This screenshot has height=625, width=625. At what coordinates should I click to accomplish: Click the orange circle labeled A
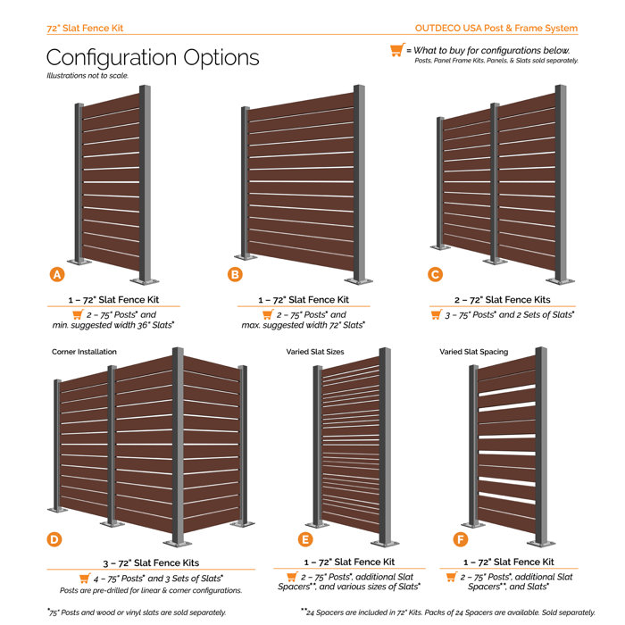56,275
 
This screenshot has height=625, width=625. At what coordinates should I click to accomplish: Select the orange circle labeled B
235,275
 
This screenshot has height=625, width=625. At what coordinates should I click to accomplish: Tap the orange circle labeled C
435,275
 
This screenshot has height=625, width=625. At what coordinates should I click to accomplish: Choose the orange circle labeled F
459,538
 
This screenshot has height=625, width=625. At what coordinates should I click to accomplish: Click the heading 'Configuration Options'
153,57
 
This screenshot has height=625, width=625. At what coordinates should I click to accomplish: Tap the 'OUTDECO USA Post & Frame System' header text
496,28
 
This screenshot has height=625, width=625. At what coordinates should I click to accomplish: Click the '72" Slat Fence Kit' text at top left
85,28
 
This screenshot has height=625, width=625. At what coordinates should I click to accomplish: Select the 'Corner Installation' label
84,352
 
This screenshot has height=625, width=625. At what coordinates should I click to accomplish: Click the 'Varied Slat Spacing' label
474,352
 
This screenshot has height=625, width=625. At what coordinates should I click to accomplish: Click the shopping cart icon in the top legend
396,51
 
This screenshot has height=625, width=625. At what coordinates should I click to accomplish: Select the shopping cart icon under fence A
78,315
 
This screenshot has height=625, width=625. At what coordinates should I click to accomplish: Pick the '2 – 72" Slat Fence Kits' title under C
502,300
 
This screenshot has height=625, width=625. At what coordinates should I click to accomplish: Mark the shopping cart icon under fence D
85,579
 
